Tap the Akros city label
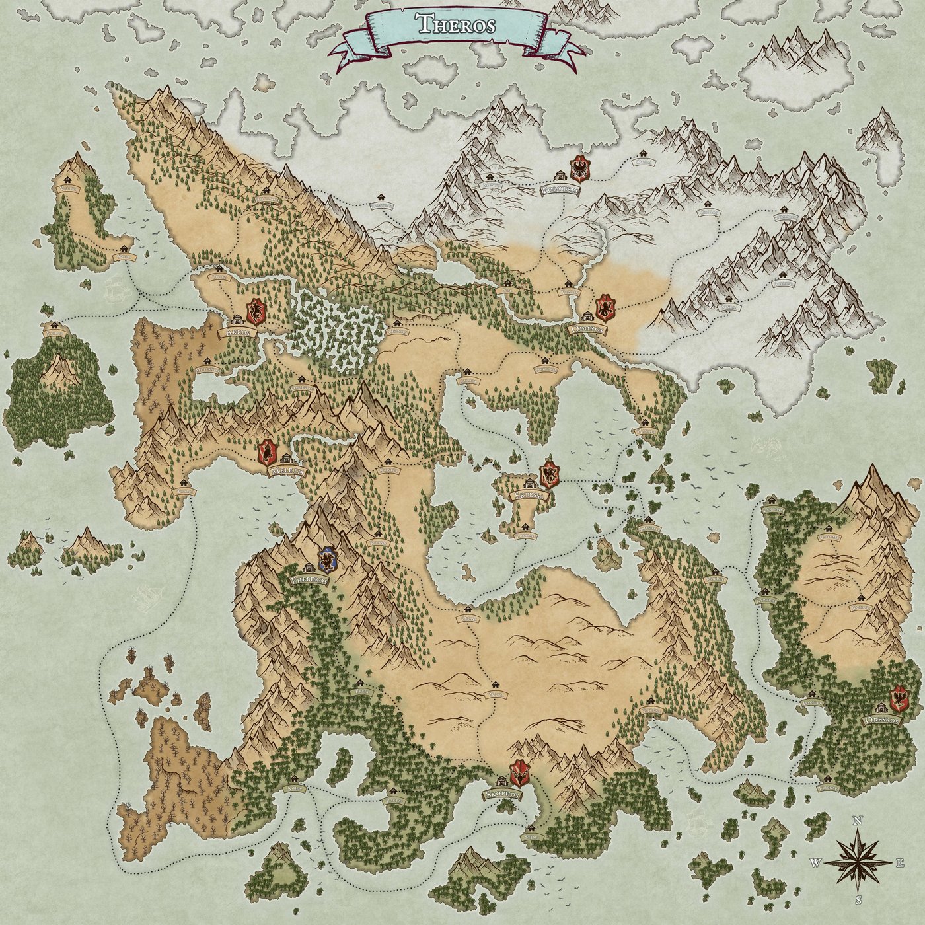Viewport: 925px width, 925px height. [x=239, y=333]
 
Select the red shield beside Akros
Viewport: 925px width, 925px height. [x=256, y=309]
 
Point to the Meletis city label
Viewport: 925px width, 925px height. [x=288, y=472]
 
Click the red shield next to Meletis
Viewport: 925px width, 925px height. [x=267, y=452]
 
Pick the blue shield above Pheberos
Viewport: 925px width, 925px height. [x=326, y=560]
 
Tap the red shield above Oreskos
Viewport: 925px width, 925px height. [x=899, y=698]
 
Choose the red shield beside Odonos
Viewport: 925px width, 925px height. [x=605, y=308]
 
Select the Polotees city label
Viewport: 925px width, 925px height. [x=560, y=190]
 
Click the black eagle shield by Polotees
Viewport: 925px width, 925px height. [x=580, y=169]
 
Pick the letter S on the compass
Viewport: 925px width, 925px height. [x=859, y=901]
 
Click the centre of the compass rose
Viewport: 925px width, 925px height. [x=858, y=862]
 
